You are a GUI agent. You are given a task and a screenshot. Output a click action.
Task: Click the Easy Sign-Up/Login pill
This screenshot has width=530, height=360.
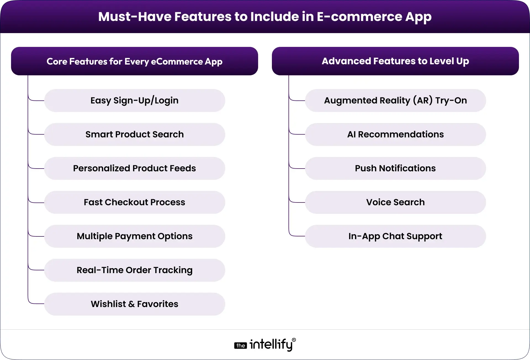[x=134, y=100]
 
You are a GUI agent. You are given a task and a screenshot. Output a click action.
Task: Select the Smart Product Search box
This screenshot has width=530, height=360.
[x=134, y=134]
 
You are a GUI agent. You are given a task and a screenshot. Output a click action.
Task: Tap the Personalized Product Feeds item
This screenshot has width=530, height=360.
[x=134, y=168]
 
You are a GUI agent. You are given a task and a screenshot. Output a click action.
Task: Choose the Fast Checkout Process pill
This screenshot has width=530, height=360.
[x=134, y=202]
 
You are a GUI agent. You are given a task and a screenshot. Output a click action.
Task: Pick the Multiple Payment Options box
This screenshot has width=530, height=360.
[x=134, y=236]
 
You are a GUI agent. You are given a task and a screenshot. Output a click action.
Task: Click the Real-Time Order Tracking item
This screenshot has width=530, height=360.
[x=134, y=270]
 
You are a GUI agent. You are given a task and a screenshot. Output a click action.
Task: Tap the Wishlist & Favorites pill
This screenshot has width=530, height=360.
[x=134, y=304]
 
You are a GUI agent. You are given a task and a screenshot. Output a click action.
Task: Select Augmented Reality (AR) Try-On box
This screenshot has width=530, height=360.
[x=395, y=100]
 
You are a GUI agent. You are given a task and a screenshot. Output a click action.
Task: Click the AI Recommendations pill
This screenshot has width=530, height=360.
[x=395, y=134]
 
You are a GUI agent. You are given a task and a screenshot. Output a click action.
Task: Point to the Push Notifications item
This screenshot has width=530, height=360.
[x=395, y=168]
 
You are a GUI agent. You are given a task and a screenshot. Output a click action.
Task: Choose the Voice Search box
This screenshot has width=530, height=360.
[x=395, y=202]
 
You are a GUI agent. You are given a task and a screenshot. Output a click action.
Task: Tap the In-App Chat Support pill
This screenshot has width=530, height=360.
[x=395, y=236]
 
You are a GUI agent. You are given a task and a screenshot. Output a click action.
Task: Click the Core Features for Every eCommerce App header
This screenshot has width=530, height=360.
[x=134, y=61]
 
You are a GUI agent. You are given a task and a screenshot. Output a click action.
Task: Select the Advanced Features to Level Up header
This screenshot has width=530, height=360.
[x=395, y=61]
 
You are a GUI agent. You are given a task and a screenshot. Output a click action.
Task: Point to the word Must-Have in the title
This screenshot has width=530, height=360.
[x=134, y=17]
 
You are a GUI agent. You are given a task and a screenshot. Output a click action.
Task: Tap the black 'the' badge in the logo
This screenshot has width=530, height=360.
[x=240, y=346]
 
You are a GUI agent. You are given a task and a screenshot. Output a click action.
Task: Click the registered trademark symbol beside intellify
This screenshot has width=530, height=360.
[x=294, y=340]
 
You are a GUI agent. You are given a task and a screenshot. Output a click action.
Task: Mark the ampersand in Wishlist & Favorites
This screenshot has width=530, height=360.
[x=131, y=304]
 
